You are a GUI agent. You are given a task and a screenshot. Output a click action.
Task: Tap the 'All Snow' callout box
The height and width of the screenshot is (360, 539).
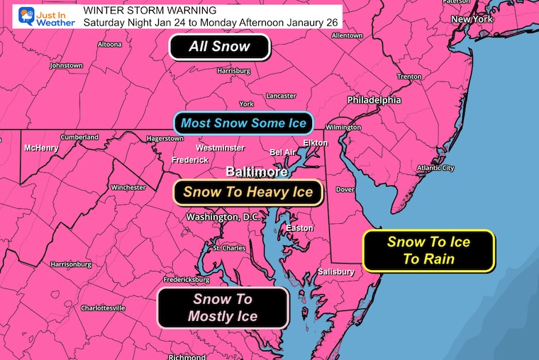[219, 47]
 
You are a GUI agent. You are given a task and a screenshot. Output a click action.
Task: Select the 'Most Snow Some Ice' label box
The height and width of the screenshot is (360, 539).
[243, 123]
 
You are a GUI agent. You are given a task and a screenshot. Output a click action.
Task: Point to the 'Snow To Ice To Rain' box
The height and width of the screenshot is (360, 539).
[428, 250]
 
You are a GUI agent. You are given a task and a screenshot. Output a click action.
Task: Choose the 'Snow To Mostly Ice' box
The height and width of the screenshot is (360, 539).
[223, 308]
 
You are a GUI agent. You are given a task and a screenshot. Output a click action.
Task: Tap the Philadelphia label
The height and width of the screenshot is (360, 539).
[374, 101]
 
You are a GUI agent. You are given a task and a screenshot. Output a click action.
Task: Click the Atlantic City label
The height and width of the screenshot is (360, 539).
[435, 168]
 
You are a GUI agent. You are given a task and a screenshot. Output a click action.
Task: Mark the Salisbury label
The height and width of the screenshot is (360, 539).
[336, 271]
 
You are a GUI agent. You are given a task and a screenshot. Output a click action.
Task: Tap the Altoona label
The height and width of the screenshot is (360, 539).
[110, 43]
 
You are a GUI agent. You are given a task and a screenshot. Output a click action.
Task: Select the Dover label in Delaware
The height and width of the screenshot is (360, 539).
[345, 189]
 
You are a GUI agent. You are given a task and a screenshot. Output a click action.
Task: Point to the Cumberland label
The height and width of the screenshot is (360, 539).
[79, 137]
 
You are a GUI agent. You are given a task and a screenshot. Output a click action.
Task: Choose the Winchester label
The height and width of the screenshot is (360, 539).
[128, 188]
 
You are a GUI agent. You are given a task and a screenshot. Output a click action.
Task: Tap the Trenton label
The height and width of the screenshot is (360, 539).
[409, 77]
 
